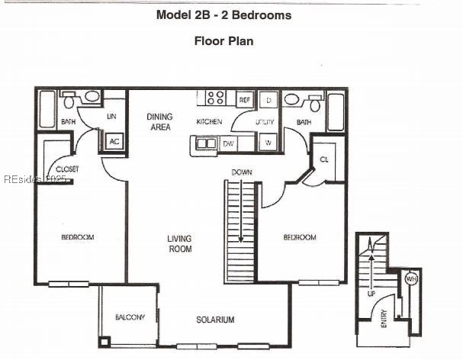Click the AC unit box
114,141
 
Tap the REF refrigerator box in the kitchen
245,100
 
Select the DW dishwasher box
229,143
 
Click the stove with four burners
214,98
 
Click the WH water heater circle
410,278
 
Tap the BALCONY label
130,317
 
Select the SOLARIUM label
214,320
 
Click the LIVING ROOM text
179,244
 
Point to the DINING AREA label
159,122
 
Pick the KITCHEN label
210,122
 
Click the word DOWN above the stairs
243,172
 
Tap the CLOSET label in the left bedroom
67,169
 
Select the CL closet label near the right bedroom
323,159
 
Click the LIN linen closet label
111,117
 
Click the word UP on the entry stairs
371,293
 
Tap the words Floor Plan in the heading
222,41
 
